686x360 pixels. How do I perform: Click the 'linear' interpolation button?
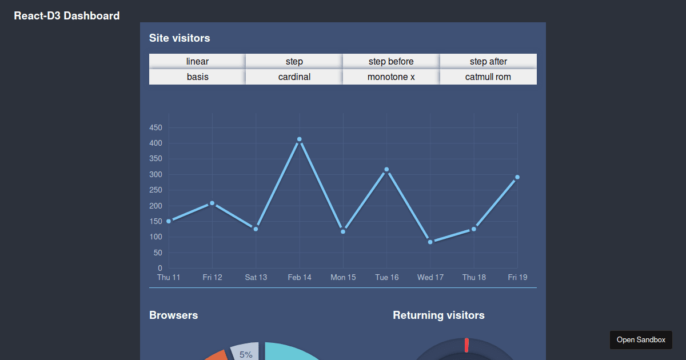tap(197, 61)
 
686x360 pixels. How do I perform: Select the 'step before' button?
tap(391, 61)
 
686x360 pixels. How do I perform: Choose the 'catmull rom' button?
tap(488, 77)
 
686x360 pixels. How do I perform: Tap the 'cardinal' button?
tap(294, 77)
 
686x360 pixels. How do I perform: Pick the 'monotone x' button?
tap(391, 77)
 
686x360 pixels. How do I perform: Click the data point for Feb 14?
tap(300, 139)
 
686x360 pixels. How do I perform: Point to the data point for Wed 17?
tap(430, 242)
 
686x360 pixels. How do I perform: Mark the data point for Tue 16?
tap(387, 170)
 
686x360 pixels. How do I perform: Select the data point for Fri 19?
tap(517, 177)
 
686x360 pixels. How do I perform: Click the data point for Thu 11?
tap(169, 221)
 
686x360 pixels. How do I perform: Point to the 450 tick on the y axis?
tap(155, 127)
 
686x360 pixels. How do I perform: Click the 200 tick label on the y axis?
tap(155, 206)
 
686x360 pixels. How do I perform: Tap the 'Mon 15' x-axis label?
tap(343, 277)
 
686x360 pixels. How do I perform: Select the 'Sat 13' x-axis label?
tap(256, 277)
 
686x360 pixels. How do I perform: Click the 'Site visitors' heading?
tap(180, 38)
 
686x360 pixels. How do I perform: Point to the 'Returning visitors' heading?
tap(438, 315)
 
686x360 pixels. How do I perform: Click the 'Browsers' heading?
tap(173, 315)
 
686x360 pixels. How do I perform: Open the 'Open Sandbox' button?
tap(641, 340)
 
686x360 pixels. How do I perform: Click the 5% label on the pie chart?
tap(246, 354)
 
